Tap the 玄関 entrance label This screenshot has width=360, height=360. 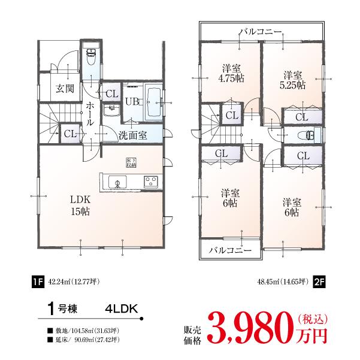point(65,89)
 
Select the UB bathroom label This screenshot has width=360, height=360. point(132,101)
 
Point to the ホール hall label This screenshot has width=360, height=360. point(90,113)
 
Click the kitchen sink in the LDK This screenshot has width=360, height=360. point(117,182)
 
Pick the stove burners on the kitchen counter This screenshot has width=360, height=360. point(150,181)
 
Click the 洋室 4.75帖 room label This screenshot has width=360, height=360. point(231,72)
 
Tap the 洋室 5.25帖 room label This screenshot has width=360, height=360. point(292,80)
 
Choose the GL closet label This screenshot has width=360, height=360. point(222,153)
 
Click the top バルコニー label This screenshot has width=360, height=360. point(261,31)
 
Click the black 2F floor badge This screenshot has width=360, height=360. point(318,282)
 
